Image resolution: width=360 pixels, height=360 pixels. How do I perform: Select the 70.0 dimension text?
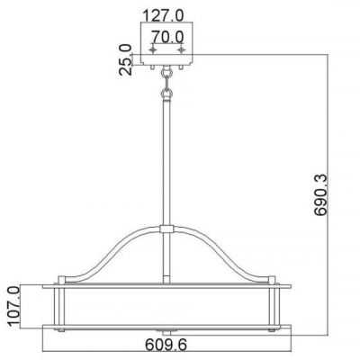click(x=167, y=36)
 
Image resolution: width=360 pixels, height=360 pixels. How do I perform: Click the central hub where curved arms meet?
click(x=166, y=231)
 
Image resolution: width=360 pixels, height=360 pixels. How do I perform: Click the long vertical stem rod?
click(x=166, y=162)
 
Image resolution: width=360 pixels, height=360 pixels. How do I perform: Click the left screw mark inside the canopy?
click(x=150, y=50)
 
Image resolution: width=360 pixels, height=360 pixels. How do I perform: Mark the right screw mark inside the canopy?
click(x=184, y=50)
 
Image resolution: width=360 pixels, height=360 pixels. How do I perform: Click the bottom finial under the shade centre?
click(x=166, y=327)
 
